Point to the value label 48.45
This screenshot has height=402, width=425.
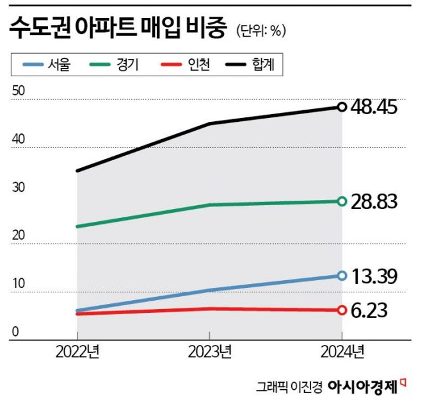click(x=375, y=107)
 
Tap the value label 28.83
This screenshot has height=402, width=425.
click(x=375, y=201)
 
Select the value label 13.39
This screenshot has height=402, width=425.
click(x=375, y=276)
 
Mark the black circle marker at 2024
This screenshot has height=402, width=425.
click(x=342, y=107)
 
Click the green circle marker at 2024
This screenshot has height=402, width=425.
click(x=342, y=201)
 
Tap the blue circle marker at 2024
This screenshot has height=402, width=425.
click(x=342, y=276)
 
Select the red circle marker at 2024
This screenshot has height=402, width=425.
click(x=342, y=310)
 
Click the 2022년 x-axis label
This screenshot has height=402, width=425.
click(x=77, y=351)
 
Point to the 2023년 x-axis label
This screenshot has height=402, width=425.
click(x=209, y=351)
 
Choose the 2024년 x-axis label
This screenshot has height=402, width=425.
click(x=342, y=351)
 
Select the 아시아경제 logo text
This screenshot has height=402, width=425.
click(x=362, y=386)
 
